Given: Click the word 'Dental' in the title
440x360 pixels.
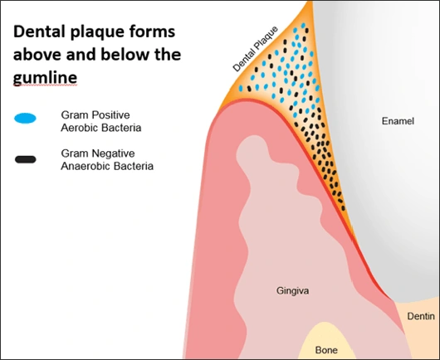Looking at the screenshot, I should point(37,35).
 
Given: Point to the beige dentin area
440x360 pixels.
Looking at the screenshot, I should point(419,332).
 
